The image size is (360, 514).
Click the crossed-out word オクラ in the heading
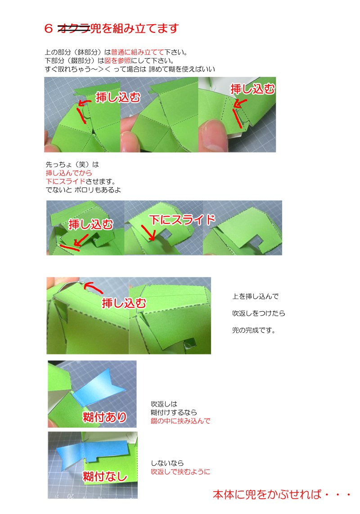click(x=74, y=28)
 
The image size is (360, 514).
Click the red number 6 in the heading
click(x=49, y=28)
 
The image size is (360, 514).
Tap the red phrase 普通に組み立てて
click(x=137, y=52)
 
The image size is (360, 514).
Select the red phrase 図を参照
click(x=117, y=61)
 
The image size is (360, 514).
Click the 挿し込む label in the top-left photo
click(x=118, y=97)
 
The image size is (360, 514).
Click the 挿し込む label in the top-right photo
click(x=252, y=89)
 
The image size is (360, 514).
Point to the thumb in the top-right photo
click(x=215, y=135)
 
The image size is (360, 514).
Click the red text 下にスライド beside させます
click(x=65, y=181)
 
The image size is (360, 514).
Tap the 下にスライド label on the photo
click(x=182, y=219)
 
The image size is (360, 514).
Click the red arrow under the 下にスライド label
click(x=148, y=232)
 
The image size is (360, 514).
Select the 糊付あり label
click(x=104, y=417)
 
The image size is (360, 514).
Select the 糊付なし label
click(x=105, y=476)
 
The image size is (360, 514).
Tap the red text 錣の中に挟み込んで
click(x=180, y=421)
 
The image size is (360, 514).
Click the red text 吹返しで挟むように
click(x=180, y=472)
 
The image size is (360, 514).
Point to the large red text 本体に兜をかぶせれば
click(x=267, y=494)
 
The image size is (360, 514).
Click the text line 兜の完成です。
click(x=254, y=330)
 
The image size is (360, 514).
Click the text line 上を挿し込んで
click(x=255, y=296)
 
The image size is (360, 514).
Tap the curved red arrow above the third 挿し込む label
click(x=93, y=287)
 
